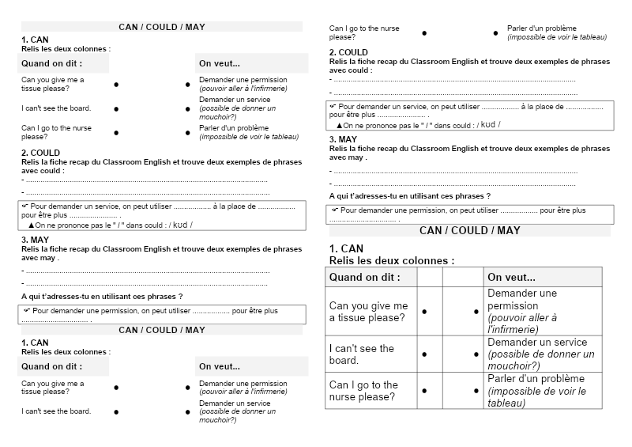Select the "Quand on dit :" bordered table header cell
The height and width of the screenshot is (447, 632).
tap(364, 277)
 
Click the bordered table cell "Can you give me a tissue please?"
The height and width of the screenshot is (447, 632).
tap(368, 311)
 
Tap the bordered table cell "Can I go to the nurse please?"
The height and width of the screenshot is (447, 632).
tap(368, 391)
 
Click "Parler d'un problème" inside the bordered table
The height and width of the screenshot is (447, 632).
tap(536, 378)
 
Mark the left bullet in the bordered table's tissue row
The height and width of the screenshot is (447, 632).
tap(424, 312)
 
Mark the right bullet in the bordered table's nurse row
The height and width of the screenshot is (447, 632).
tap(476, 391)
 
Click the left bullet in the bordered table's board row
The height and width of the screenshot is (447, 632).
tap(424, 354)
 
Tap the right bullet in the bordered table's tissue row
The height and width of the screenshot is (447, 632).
tap(476, 312)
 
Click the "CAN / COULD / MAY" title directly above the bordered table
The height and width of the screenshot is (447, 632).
tap(469, 230)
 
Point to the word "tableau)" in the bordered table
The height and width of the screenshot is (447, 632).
tap(507, 403)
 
